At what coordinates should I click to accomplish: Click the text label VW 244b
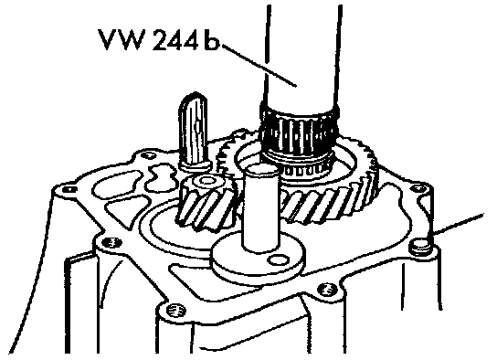[x=158, y=39]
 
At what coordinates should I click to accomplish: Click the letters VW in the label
[x=120, y=39]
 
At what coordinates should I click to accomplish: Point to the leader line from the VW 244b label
[x=259, y=65]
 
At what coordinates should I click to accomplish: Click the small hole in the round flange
[x=278, y=259]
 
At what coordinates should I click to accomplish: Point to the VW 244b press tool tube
[x=301, y=57]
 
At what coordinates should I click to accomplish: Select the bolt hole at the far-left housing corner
[x=69, y=189]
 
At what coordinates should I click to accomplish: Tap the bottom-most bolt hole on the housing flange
[x=175, y=309]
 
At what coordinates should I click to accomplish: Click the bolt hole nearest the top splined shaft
[x=146, y=155]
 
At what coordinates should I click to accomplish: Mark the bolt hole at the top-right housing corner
[x=418, y=188]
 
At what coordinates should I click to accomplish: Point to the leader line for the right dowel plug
[x=457, y=225]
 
